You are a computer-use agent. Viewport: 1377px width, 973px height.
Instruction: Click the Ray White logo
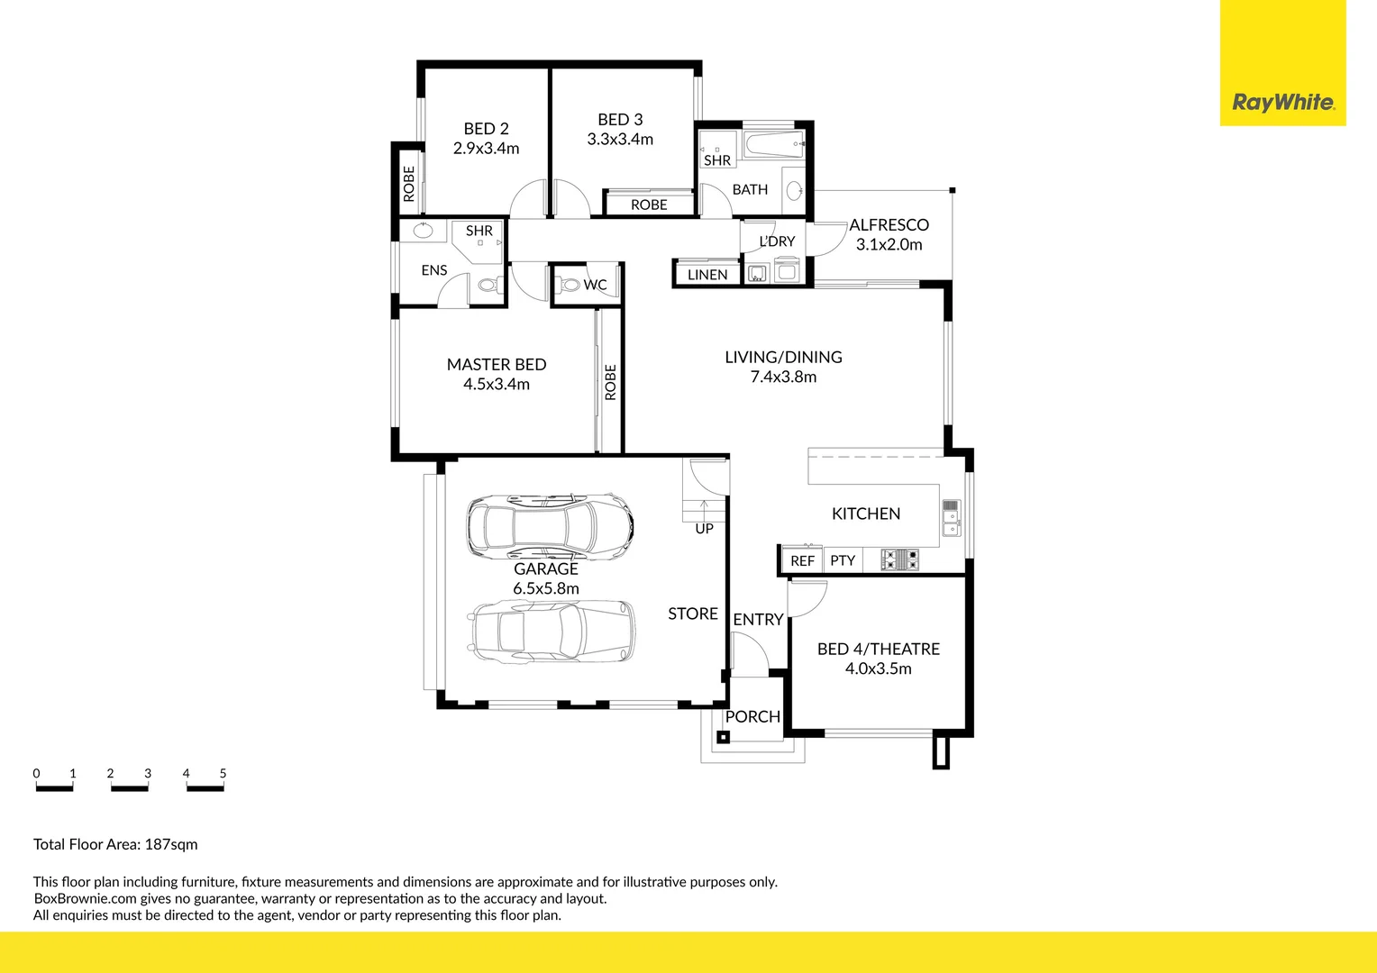tap(1282, 102)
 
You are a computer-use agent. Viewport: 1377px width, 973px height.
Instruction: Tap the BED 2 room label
tap(486, 129)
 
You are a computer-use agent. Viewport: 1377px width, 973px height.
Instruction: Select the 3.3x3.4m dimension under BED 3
tap(620, 140)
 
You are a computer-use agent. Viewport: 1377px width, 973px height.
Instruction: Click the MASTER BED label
tap(497, 364)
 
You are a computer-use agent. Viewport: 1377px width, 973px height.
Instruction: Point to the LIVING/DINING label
tap(783, 357)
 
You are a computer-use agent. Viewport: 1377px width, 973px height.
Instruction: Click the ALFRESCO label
tap(889, 225)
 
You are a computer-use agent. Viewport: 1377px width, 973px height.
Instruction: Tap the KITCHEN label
tap(865, 514)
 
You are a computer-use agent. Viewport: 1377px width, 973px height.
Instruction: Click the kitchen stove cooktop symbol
tap(899, 559)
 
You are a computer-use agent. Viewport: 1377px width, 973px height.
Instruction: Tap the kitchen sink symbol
tap(952, 518)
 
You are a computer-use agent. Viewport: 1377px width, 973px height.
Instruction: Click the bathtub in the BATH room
tap(774, 144)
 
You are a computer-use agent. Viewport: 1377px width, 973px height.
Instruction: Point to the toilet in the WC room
tap(569, 285)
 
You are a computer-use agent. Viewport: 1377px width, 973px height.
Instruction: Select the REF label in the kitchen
tap(802, 561)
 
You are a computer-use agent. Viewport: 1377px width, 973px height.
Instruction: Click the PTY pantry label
tap(843, 560)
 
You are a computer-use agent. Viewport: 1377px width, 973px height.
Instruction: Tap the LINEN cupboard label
tap(707, 275)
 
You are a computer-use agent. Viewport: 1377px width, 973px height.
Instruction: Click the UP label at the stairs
tap(704, 529)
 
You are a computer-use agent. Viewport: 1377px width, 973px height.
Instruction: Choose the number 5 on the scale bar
tap(223, 773)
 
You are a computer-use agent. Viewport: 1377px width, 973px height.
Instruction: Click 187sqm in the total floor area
tap(171, 844)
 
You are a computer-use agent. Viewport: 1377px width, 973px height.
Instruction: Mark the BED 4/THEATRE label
tap(878, 649)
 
